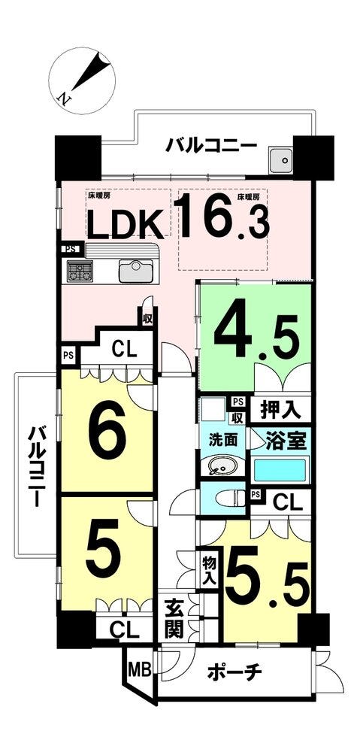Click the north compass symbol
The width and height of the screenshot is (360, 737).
(x=82, y=80)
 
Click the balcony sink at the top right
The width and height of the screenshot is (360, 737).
(x=282, y=160)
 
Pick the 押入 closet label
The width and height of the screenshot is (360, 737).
(x=280, y=409)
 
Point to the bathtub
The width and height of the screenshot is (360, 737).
(x=280, y=469)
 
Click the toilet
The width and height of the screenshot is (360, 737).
(x=229, y=498)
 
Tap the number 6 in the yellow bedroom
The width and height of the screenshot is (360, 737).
(x=107, y=429)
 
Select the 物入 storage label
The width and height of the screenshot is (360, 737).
(x=209, y=570)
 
